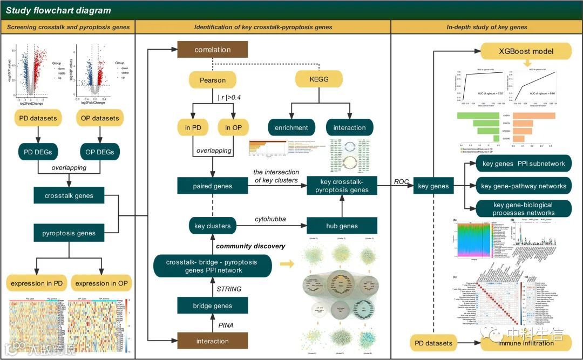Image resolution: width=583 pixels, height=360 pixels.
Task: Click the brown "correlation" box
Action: [213, 50]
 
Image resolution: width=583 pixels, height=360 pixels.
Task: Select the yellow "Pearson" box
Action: [213, 80]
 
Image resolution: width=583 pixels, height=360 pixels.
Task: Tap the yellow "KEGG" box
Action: [319, 80]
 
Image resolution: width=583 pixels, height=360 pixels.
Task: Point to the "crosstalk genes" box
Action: [69, 196]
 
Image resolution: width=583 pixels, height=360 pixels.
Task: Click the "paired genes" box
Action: [212, 186]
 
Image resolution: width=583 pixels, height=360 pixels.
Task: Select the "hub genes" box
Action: [342, 226]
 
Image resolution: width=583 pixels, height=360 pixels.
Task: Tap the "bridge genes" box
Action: [212, 306]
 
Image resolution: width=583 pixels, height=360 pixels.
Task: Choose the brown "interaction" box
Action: [212, 341]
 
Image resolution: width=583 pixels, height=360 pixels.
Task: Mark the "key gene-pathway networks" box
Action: [524, 186]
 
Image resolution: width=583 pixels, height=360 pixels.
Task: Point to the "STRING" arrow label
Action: [229, 289]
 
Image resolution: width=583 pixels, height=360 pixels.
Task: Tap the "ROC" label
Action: [402, 181]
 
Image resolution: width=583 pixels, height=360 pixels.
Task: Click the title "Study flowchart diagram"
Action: [58, 10]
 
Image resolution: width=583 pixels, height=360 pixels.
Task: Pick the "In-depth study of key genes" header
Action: [487, 27]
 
